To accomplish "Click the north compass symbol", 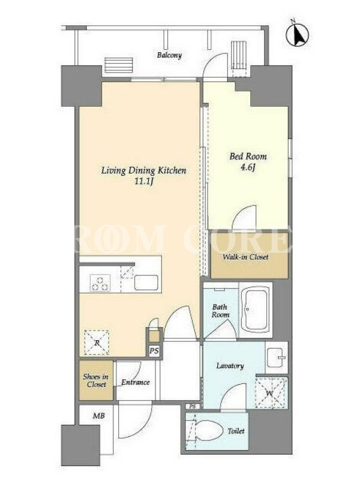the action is (297, 34).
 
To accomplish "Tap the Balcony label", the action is (169, 55).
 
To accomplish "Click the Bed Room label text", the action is (248, 157).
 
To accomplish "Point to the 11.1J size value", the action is (143, 182).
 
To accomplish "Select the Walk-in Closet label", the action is (245, 257).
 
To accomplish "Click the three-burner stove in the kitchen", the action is (100, 283).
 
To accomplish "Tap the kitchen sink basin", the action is (146, 283).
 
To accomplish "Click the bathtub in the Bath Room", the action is (256, 310).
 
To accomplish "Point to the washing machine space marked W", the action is (271, 394).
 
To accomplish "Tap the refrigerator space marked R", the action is (97, 343).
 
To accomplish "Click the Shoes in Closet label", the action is (96, 380).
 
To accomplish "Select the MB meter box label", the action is (98, 416).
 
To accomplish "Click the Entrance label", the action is (136, 382).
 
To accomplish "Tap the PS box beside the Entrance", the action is (154, 351).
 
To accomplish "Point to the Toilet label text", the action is (236, 431).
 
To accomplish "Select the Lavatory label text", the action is (230, 366).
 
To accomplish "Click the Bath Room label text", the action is (220, 311).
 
